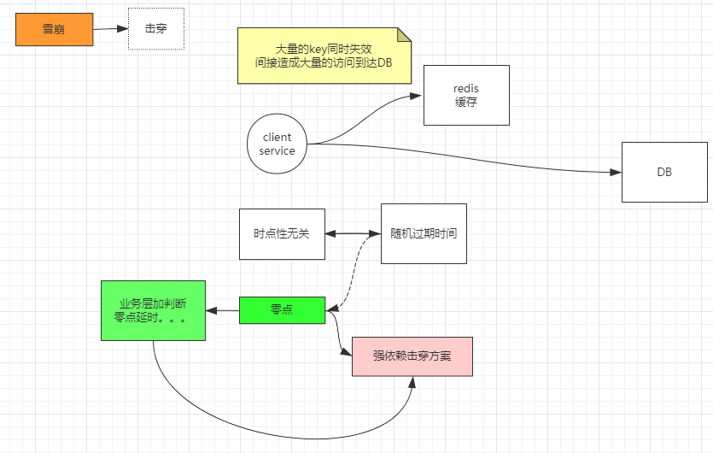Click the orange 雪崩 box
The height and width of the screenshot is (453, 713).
54,29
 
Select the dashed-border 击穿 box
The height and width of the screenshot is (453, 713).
155,29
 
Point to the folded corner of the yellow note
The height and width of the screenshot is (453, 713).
404,34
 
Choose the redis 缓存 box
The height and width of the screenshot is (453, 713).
466,96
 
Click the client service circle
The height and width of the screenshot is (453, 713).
277,144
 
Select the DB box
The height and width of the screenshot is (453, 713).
664,172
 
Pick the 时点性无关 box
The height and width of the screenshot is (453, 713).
282,233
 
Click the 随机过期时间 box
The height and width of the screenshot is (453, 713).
424,233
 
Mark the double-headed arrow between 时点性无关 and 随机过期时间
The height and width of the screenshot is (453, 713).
353,233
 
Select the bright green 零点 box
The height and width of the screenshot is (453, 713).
282,310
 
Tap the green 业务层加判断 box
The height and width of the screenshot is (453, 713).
153,310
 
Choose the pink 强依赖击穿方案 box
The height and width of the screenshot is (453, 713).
412,356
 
